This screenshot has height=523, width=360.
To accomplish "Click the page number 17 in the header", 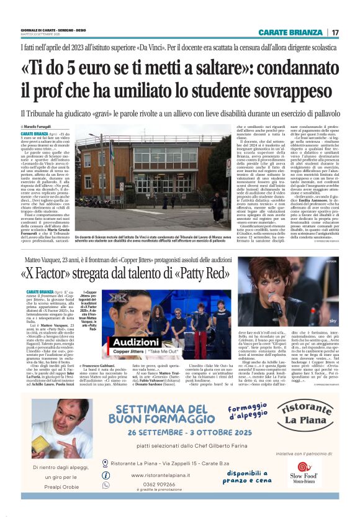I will tap(335, 32).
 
